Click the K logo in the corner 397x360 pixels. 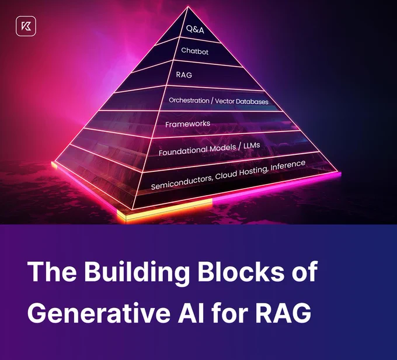click(26, 26)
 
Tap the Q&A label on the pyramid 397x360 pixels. click(195, 29)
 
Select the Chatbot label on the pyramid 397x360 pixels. click(194, 51)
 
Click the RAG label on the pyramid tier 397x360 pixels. click(184, 75)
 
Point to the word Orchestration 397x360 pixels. click(189, 101)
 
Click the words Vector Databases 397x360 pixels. click(242, 101)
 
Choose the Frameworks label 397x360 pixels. click(187, 124)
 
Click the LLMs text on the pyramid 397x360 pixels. click(252, 146)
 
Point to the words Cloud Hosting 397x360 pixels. click(242, 172)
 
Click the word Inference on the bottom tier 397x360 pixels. click(288, 165)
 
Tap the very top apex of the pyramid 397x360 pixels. click(188, 7)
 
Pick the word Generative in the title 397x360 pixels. click(99, 311)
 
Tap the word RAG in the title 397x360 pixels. click(283, 311)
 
